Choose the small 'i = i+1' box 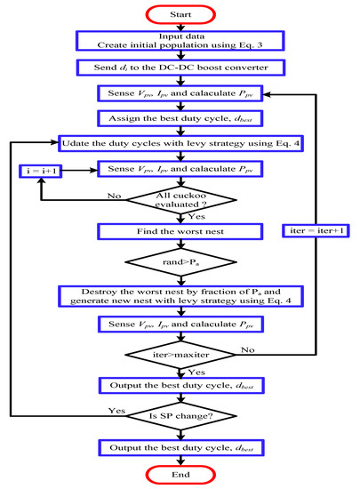(x=36, y=166)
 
